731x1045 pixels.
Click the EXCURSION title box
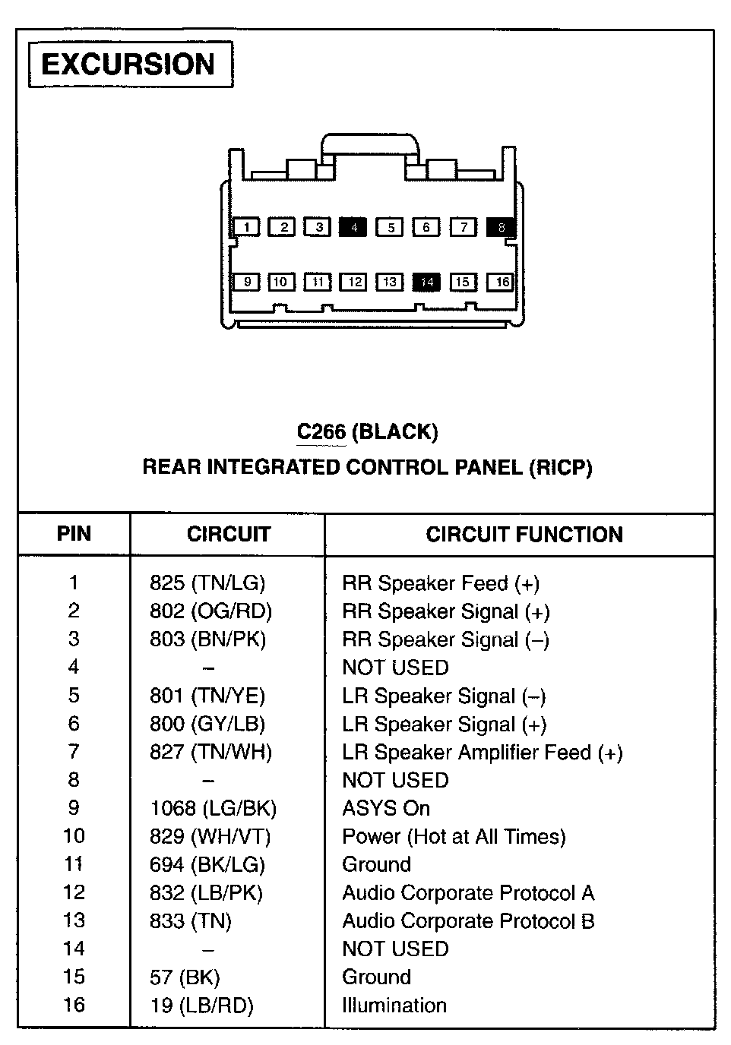[130, 65]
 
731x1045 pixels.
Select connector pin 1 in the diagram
[246, 226]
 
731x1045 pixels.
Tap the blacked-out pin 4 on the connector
[353, 226]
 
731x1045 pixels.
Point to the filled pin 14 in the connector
[426, 282]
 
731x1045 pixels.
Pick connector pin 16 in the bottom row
[501, 282]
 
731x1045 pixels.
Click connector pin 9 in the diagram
[246, 282]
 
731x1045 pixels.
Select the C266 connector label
[321, 432]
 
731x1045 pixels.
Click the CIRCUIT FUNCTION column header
[524, 535]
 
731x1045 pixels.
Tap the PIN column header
[74, 534]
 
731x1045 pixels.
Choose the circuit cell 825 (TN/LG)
[207, 583]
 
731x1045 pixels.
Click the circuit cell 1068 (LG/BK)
[214, 808]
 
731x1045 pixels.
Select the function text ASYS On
[386, 808]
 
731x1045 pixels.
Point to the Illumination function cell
[394, 1005]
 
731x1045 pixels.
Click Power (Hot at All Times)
[454, 836]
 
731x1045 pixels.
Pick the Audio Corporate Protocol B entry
[468, 920]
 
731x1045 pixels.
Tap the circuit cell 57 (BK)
[185, 977]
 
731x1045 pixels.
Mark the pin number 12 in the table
[74, 892]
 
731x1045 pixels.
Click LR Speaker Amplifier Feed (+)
[483, 752]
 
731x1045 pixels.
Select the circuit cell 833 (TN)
[191, 920]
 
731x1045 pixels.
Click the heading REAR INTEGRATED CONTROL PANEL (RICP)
[367, 467]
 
